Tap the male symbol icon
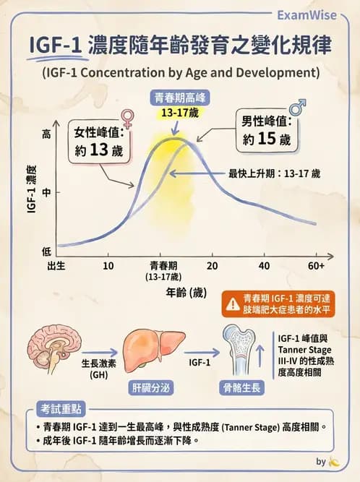tap(296, 108)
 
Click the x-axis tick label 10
tap(108, 265)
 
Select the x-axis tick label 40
tap(264, 265)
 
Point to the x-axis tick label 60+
tap(316, 265)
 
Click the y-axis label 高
tap(47, 134)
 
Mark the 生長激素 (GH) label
tap(98, 369)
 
